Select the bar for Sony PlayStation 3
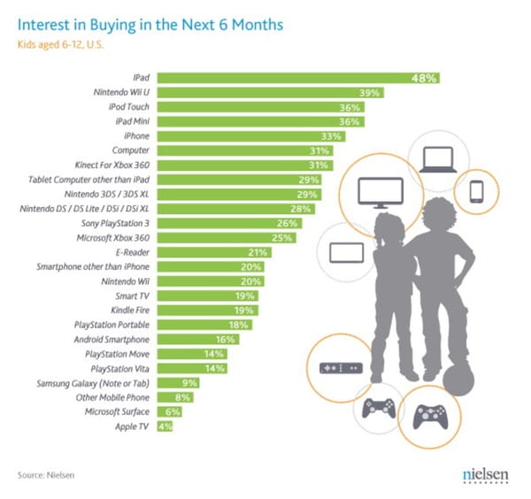tap(229, 223)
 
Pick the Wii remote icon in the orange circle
tap(338, 367)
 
